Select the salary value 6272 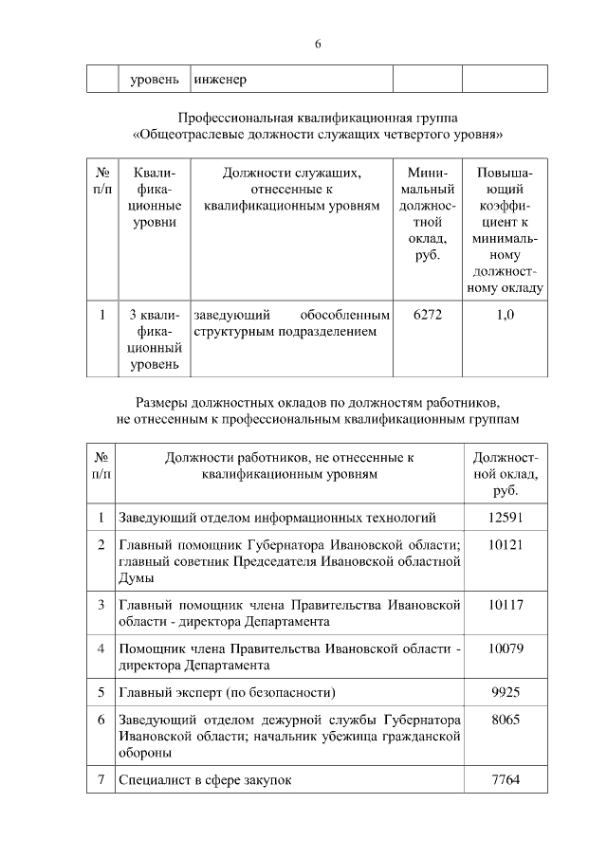point(428,314)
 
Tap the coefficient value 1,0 point(506,314)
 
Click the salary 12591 point(506,518)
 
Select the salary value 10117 point(506,605)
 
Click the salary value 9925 point(506,692)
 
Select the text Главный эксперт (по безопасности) point(227,692)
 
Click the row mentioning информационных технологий point(277,518)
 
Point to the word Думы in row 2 point(136,577)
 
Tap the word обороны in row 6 point(145,752)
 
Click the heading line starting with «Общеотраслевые point(318,135)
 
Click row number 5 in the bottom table point(101,692)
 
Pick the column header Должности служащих point(291,173)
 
